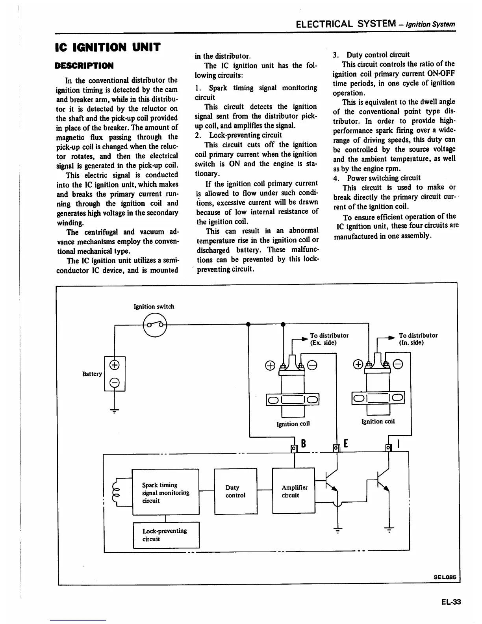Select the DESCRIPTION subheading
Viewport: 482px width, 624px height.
pos(84,65)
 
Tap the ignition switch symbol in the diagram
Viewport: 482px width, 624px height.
pos(155,325)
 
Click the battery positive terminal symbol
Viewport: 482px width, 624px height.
pos(115,365)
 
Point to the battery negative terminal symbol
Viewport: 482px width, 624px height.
pos(115,382)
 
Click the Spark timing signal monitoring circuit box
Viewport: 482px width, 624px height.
pos(165,492)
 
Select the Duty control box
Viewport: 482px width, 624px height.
pos(235,491)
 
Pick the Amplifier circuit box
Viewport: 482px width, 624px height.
pos(294,491)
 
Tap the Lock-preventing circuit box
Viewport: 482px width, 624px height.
pos(166,535)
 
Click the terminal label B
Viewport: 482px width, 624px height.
pos(304,444)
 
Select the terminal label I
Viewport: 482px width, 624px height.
pos(399,444)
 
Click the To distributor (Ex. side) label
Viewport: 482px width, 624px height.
pos(329,339)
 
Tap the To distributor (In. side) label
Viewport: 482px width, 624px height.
pos(418,339)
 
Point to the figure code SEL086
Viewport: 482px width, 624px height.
pos(445,577)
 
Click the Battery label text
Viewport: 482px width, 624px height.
pos(92,374)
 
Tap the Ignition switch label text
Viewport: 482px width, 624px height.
pos(154,306)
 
